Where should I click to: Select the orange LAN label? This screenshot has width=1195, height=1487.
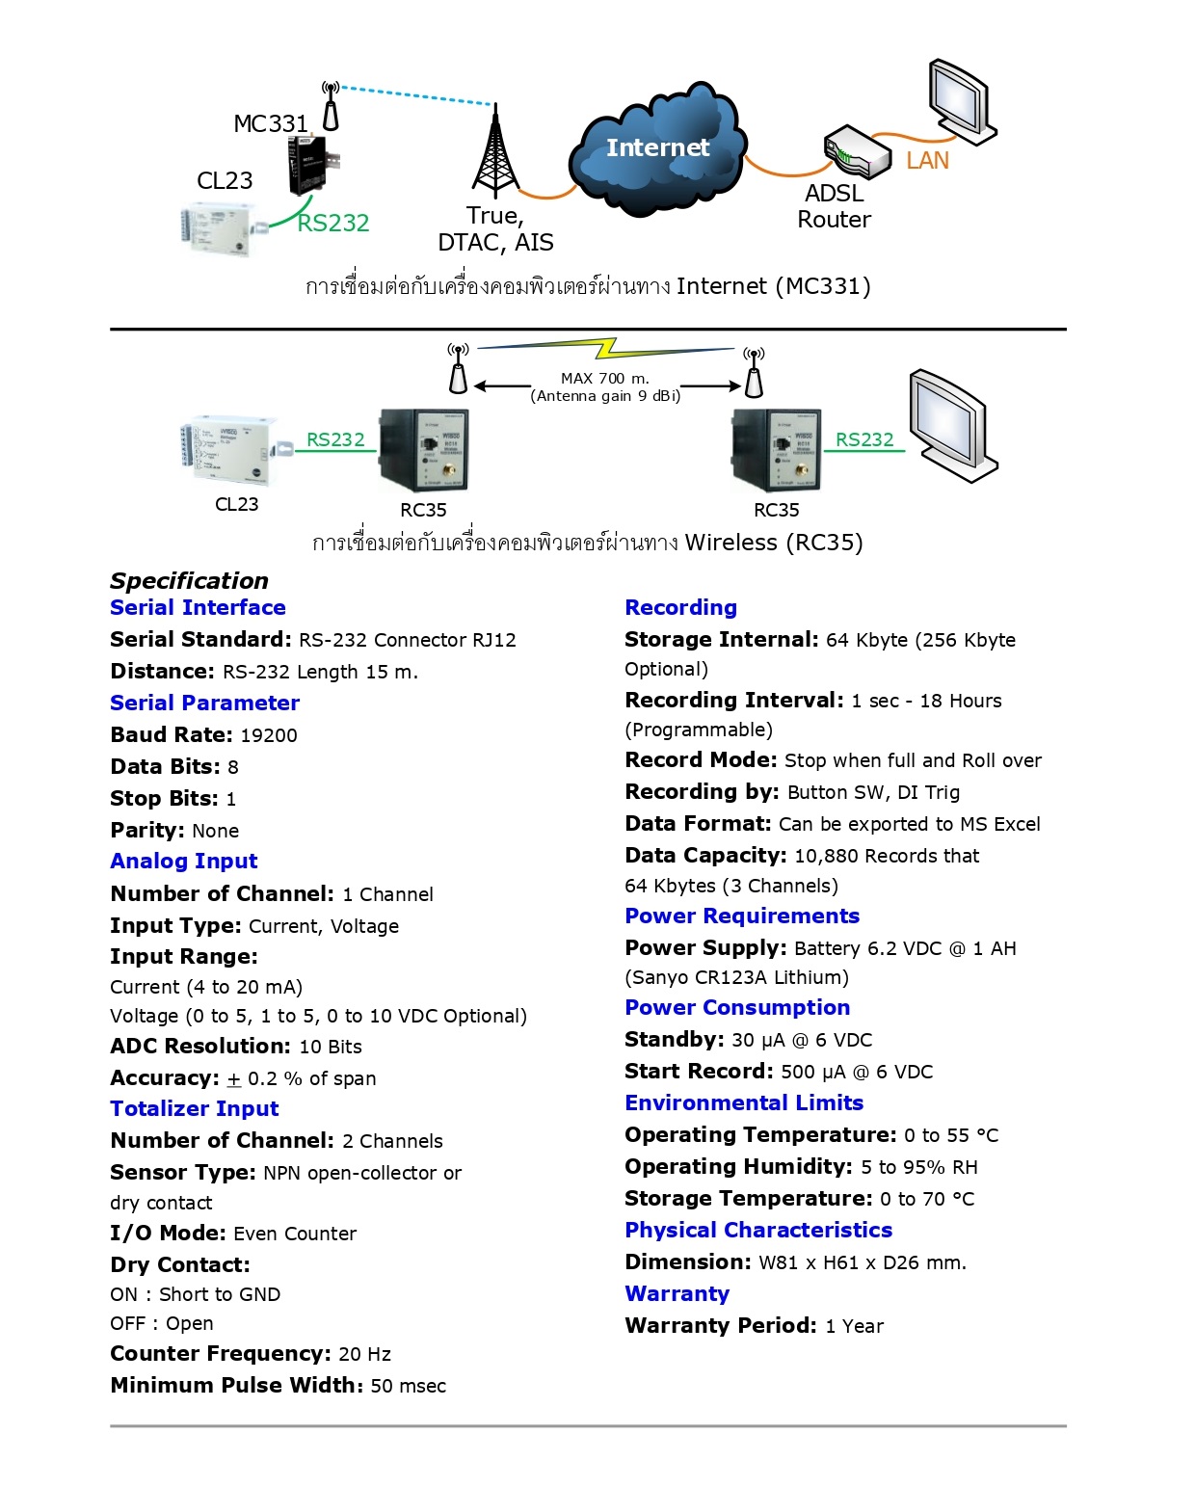point(927,161)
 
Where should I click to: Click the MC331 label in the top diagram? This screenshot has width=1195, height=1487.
point(271,124)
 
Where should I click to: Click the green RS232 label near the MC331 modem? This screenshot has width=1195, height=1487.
point(333,224)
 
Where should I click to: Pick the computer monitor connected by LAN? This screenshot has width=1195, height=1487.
point(960,99)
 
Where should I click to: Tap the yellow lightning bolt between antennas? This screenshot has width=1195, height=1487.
point(607,347)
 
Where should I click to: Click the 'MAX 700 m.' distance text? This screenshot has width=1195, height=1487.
point(605,379)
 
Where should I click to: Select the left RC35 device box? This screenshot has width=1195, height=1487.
point(424,450)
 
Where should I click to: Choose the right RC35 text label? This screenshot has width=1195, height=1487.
point(776,511)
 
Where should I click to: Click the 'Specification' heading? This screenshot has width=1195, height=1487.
point(189,581)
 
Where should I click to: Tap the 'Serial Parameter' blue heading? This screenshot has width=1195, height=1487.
point(204,704)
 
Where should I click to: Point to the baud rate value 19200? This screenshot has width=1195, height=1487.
point(269,736)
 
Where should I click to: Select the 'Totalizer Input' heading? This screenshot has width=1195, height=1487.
point(195,1109)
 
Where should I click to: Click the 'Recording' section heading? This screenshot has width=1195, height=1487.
point(680,608)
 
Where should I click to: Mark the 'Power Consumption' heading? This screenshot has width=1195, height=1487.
point(737,1008)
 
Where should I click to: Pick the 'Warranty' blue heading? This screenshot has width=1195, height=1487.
point(677,1294)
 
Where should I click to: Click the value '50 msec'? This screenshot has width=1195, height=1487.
point(409,1387)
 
